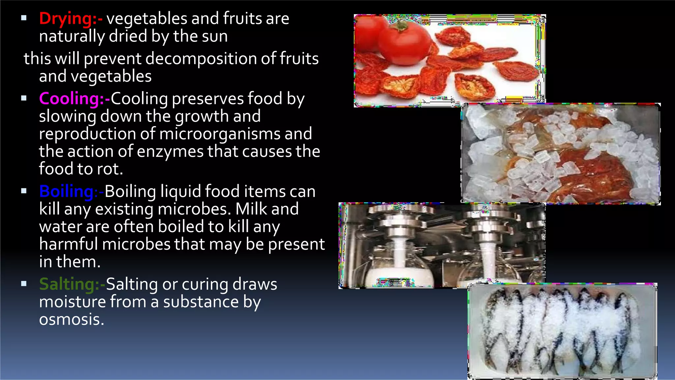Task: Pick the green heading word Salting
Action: [67, 284]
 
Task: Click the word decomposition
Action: [201, 59]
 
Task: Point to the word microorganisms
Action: [220, 134]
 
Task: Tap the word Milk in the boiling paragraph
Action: [250, 209]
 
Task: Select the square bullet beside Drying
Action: [24, 18]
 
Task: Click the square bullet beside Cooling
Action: [24, 98]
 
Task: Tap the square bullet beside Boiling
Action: [24, 191]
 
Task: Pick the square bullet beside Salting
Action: [24, 284]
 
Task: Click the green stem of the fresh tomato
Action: [400, 25]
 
